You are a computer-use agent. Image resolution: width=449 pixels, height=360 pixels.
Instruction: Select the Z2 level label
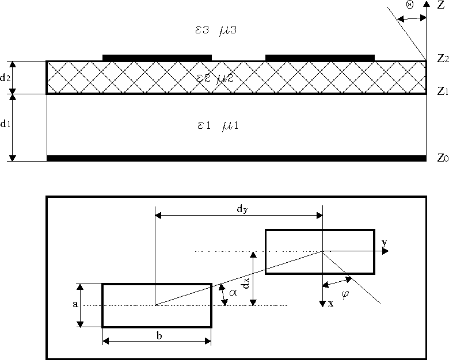442,58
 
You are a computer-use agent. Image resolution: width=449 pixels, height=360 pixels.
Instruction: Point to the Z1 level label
442,91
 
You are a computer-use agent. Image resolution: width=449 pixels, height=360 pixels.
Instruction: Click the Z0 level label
442,157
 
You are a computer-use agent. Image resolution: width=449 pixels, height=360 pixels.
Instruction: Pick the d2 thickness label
5,78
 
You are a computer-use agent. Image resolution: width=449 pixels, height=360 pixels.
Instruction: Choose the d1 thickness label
5,123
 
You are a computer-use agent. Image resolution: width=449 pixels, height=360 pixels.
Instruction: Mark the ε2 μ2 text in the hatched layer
214,78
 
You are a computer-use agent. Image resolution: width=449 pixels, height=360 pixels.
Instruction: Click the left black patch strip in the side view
157,58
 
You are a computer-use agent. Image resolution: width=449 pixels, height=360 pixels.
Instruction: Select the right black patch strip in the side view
320,58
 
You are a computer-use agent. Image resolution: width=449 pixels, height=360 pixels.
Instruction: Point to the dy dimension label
242,210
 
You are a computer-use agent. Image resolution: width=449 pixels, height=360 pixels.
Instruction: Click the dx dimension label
246,283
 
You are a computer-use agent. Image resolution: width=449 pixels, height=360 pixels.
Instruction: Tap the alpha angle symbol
233,292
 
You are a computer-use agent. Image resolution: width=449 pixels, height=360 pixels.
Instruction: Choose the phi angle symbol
345,294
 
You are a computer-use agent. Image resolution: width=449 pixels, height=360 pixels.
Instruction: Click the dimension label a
75,305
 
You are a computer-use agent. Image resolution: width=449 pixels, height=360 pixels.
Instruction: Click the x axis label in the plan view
330,303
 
